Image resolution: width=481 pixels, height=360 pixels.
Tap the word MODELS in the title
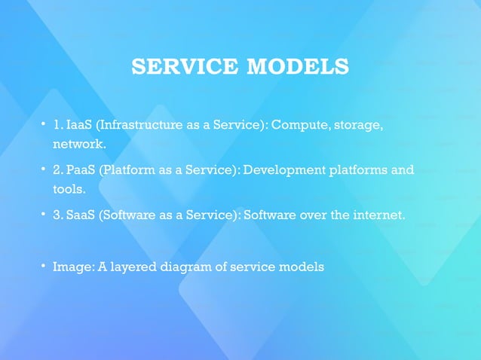(298, 67)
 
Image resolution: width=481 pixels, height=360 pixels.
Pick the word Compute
(298, 124)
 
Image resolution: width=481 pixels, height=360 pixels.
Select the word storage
(356, 124)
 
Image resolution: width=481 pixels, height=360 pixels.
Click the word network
(78, 142)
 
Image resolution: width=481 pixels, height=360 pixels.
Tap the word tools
(69, 188)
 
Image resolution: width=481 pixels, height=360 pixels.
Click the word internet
(378, 215)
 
